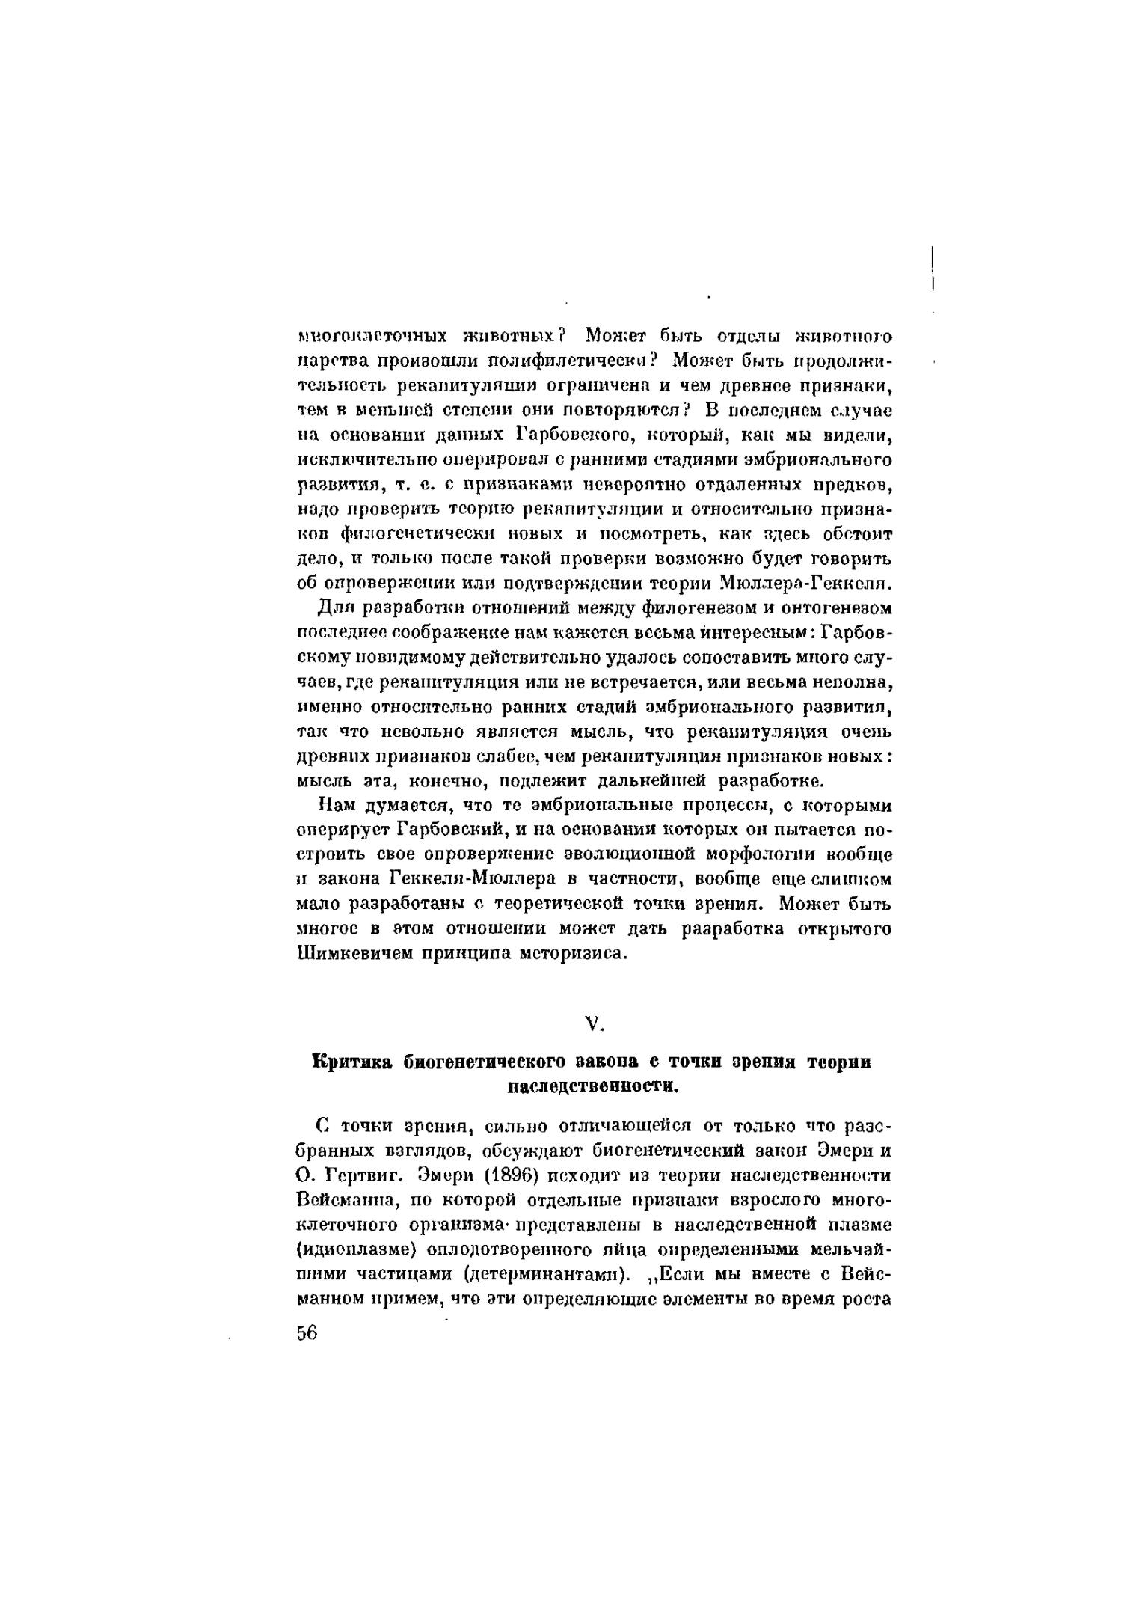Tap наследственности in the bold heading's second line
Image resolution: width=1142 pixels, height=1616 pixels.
[593, 1086]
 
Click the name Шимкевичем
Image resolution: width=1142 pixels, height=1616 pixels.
[354, 954]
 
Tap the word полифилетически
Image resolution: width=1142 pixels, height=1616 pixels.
[568, 360]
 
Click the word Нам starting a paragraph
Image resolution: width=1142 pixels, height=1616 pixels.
[334, 806]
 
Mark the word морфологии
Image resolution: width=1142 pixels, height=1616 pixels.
[728, 854]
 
